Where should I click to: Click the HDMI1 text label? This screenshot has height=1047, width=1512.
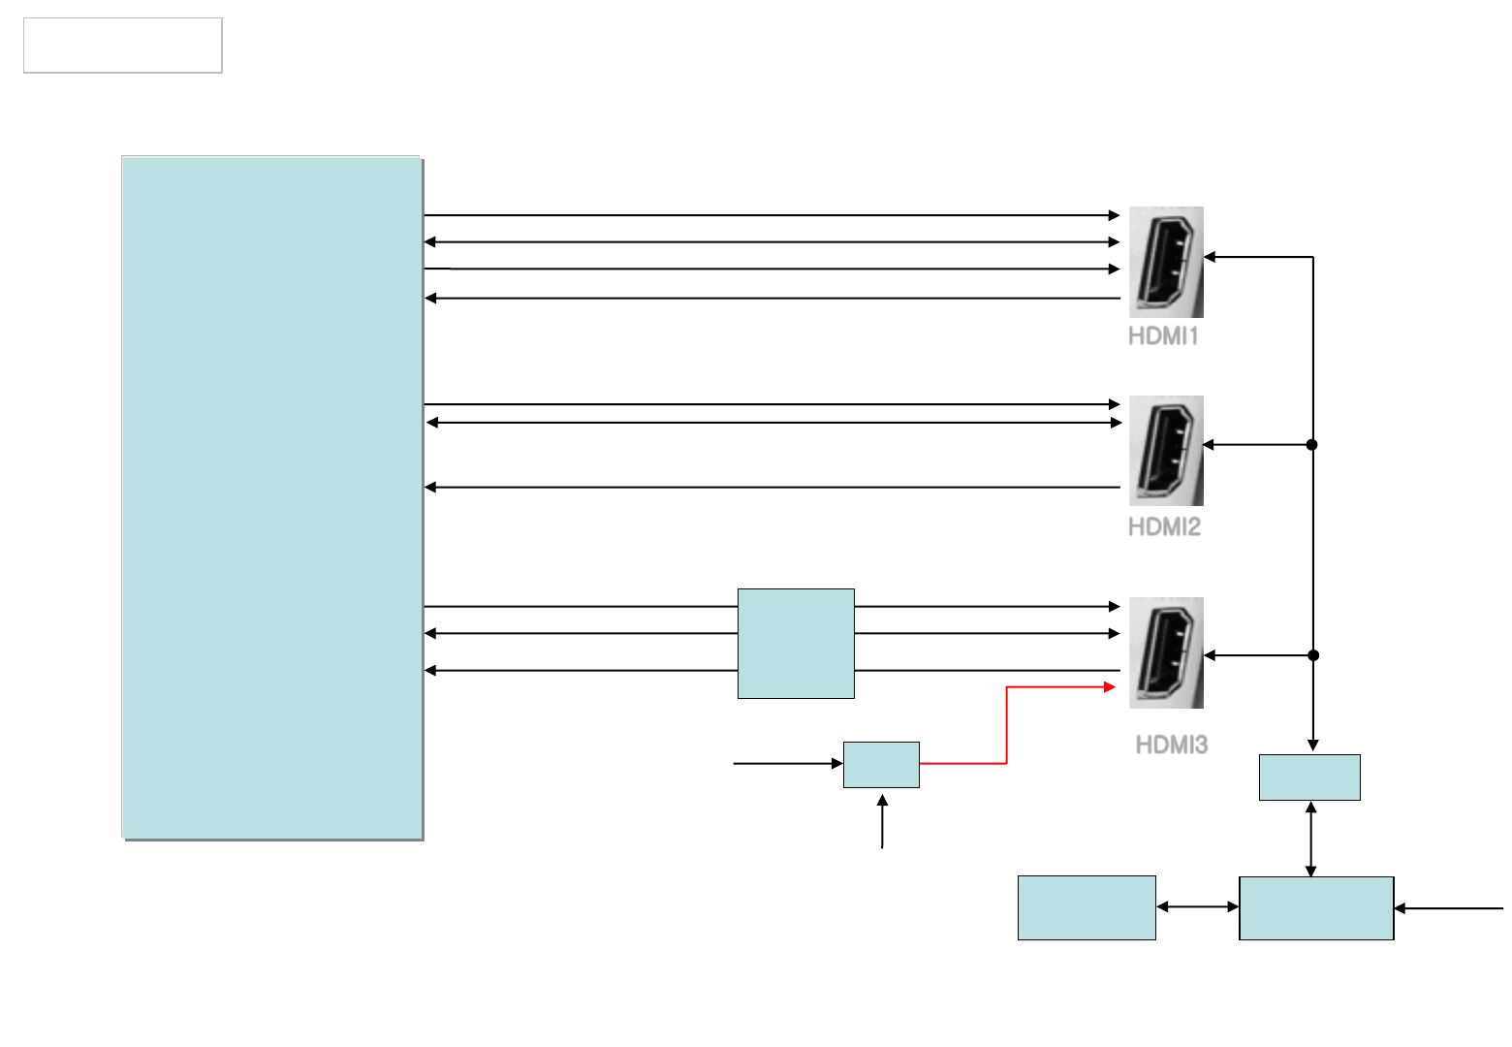pyautogui.click(x=1163, y=336)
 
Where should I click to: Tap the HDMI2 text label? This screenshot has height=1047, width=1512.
pyautogui.click(x=1164, y=526)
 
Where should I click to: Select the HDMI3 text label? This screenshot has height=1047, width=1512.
pyautogui.click(x=1171, y=745)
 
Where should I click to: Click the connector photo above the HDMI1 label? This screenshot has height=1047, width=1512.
pyautogui.click(x=1166, y=262)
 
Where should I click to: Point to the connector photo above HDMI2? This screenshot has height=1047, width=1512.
pyautogui.click(x=1166, y=450)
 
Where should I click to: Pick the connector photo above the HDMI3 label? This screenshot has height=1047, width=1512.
pyautogui.click(x=1166, y=652)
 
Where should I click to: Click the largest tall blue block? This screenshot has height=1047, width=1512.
pyautogui.click(x=271, y=496)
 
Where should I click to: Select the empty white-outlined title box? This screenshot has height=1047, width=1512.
pyautogui.click(x=123, y=45)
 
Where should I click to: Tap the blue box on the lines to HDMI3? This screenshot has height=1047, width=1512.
pyautogui.click(x=796, y=643)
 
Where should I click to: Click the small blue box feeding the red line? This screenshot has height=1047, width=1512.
pyautogui.click(x=881, y=764)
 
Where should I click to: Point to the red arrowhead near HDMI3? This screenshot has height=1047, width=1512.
pyautogui.click(x=1112, y=687)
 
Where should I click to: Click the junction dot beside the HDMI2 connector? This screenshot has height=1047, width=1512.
pyautogui.click(x=1312, y=445)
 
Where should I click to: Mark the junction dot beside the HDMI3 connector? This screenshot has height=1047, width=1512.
pyautogui.click(x=1313, y=655)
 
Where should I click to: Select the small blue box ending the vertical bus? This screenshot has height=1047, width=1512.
pyautogui.click(x=1309, y=777)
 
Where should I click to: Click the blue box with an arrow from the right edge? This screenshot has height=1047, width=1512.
pyautogui.click(x=1316, y=908)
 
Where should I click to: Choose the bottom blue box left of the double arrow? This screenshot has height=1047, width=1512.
pyautogui.click(x=1087, y=908)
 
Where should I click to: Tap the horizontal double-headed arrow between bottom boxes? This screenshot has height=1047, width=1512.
pyautogui.click(x=1198, y=907)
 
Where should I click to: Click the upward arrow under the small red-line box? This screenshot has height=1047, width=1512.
pyautogui.click(x=882, y=820)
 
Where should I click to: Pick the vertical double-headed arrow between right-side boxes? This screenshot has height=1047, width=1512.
pyautogui.click(x=1310, y=839)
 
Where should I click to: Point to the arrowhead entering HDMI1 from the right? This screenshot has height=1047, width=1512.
pyautogui.click(x=1210, y=257)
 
